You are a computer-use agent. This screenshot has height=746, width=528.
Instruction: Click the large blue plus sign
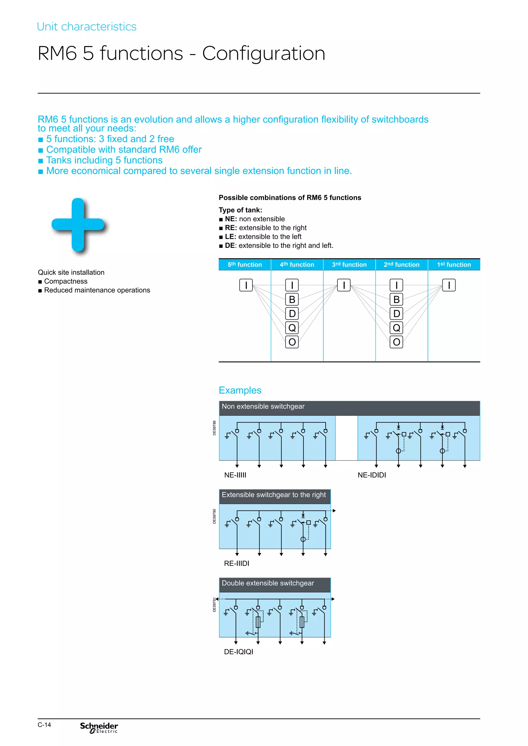(x=78, y=225)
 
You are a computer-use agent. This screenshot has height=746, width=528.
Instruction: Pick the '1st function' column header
(x=454, y=265)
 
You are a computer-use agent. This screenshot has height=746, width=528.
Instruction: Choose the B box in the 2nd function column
(x=396, y=299)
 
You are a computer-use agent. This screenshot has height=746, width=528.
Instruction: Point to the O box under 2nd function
(x=396, y=342)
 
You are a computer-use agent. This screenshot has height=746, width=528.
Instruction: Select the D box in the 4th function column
(x=292, y=313)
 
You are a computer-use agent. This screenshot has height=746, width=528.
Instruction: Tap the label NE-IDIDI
(x=372, y=475)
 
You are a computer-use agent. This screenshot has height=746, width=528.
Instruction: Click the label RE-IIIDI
(x=236, y=563)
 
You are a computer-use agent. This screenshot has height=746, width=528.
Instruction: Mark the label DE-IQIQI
(x=238, y=652)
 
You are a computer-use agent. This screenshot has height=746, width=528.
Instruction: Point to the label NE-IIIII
(x=235, y=475)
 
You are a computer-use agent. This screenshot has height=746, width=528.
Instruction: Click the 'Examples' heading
(x=240, y=390)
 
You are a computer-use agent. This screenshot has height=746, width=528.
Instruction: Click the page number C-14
(x=44, y=725)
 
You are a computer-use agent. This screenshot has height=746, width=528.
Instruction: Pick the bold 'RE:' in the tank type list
(x=230, y=228)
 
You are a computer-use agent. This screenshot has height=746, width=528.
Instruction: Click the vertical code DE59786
(x=214, y=428)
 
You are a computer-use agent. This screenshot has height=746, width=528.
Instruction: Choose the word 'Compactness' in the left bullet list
(x=66, y=281)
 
